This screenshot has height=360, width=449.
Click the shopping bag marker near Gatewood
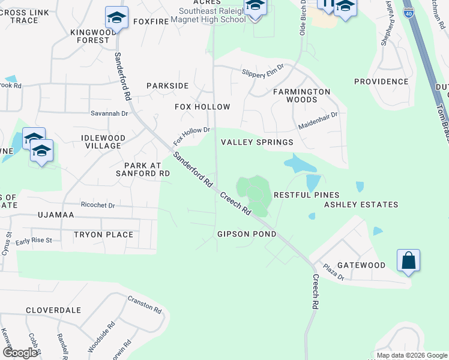pyautogui.click(x=408, y=261)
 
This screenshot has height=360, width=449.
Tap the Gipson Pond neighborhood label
pyautogui.click(x=247, y=234)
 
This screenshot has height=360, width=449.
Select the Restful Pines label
pyautogui.click(x=306, y=195)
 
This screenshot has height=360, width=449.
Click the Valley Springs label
pyautogui.click(x=257, y=142)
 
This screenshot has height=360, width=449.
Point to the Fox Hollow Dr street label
pyautogui.click(x=191, y=136)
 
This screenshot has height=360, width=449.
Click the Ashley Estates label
pyautogui.click(x=361, y=205)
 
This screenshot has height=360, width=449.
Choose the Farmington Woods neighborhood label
pyautogui.click(x=301, y=95)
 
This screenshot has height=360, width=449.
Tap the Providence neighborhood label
pyautogui.click(x=381, y=82)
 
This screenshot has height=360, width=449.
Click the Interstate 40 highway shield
pyautogui.click(x=408, y=11)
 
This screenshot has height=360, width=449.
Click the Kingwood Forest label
pyautogui.click(x=90, y=36)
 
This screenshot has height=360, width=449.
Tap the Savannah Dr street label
pyautogui.click(x=110, y=113)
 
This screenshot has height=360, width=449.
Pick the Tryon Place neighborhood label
pyautogui.click(x=103, y=235)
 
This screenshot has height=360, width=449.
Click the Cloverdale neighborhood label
pyautogui.click(x=53, y=310)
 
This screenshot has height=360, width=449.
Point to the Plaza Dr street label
pyautogui.click(x=333, y=272)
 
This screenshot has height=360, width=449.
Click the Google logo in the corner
pyautogui.click(x=20, y=353)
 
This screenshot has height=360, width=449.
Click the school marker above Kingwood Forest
pyautogui.click(x=116, y=17)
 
